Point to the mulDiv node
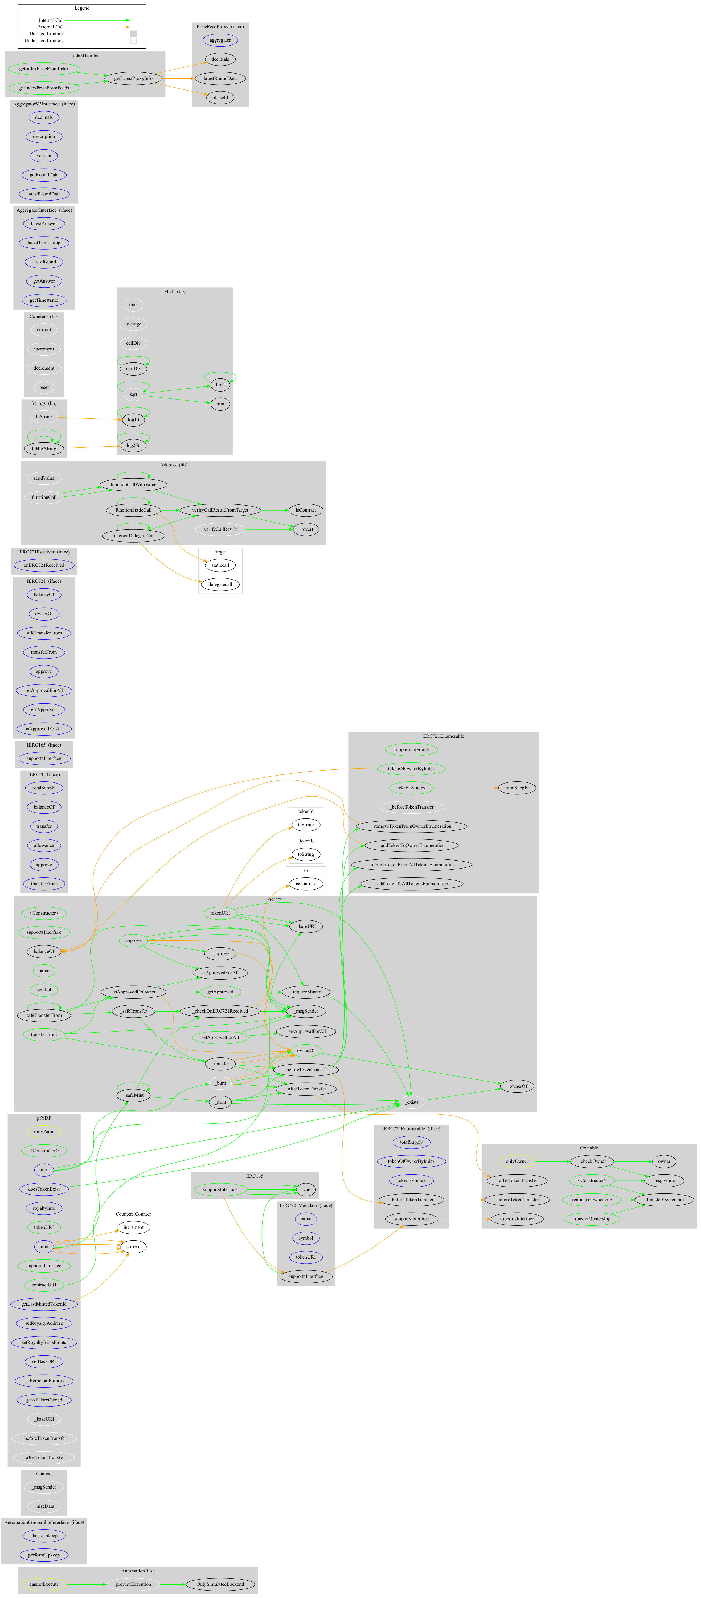pyautogui.click(x=133, y=369)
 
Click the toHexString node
pyautogui.click(x=44, y=449)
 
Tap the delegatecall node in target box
pyautogui.click(x=220, y=584)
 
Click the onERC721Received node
pyautogui.click(x=44, y=565)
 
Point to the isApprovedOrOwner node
pyautogui.click(x=133, y=992)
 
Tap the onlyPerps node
pyautogui.click(x=44, y=1131)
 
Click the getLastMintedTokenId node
pyautogui.click(x=44, y=1304)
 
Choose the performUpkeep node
pyautogui.click(x=44, y=1555)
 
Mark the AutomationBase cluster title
pyautogui.click(x=138, y=1571)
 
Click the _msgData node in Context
pyautogui.click(x=44, y=1506)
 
